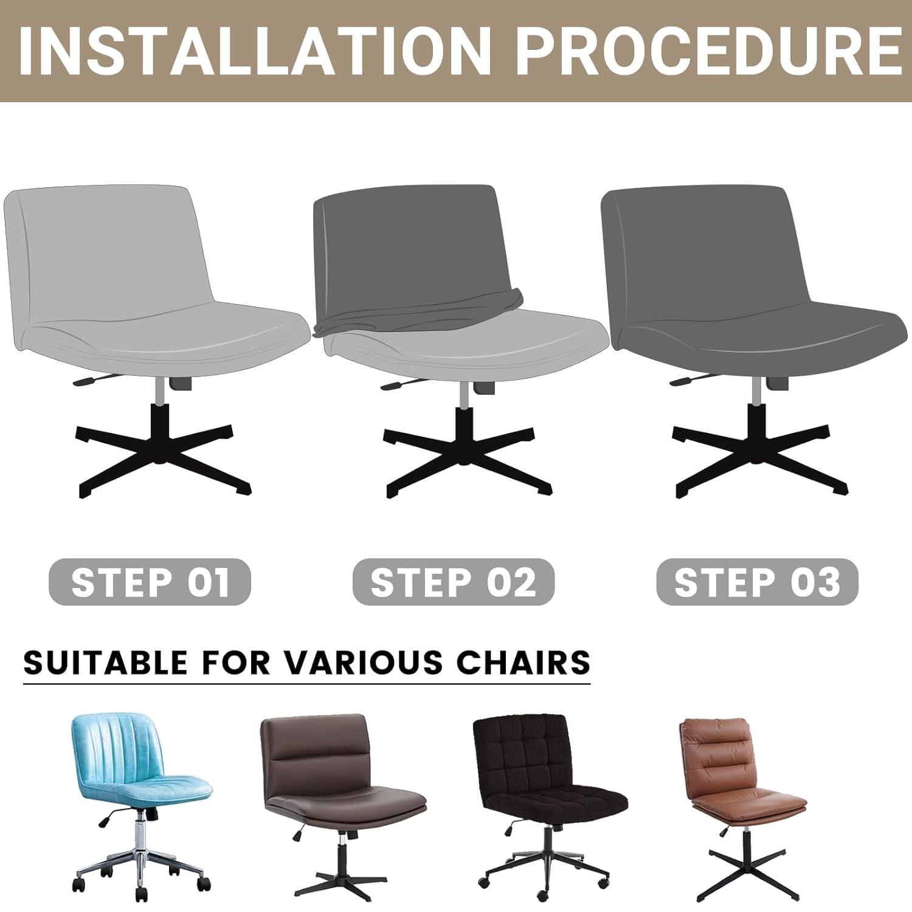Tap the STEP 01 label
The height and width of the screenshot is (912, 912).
[150, 582]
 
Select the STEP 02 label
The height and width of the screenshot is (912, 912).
[454, 582]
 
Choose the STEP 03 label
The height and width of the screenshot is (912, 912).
[757, 582]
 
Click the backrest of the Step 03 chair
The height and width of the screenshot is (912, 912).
[705, 249]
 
